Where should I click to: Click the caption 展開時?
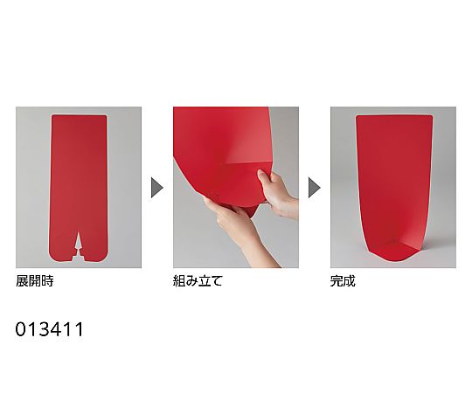35,281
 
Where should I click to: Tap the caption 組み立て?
198,281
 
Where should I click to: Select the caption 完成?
343,281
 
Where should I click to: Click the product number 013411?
49,329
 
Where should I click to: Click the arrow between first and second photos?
156,188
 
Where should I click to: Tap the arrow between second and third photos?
314,188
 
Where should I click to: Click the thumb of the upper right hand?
263,177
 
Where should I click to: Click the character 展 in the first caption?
22,281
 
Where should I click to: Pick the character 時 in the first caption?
47,281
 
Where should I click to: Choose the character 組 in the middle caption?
179,281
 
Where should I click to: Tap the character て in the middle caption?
216,281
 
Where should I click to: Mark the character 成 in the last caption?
350,281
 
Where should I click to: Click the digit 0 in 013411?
20,329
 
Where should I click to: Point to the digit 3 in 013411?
44,329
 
